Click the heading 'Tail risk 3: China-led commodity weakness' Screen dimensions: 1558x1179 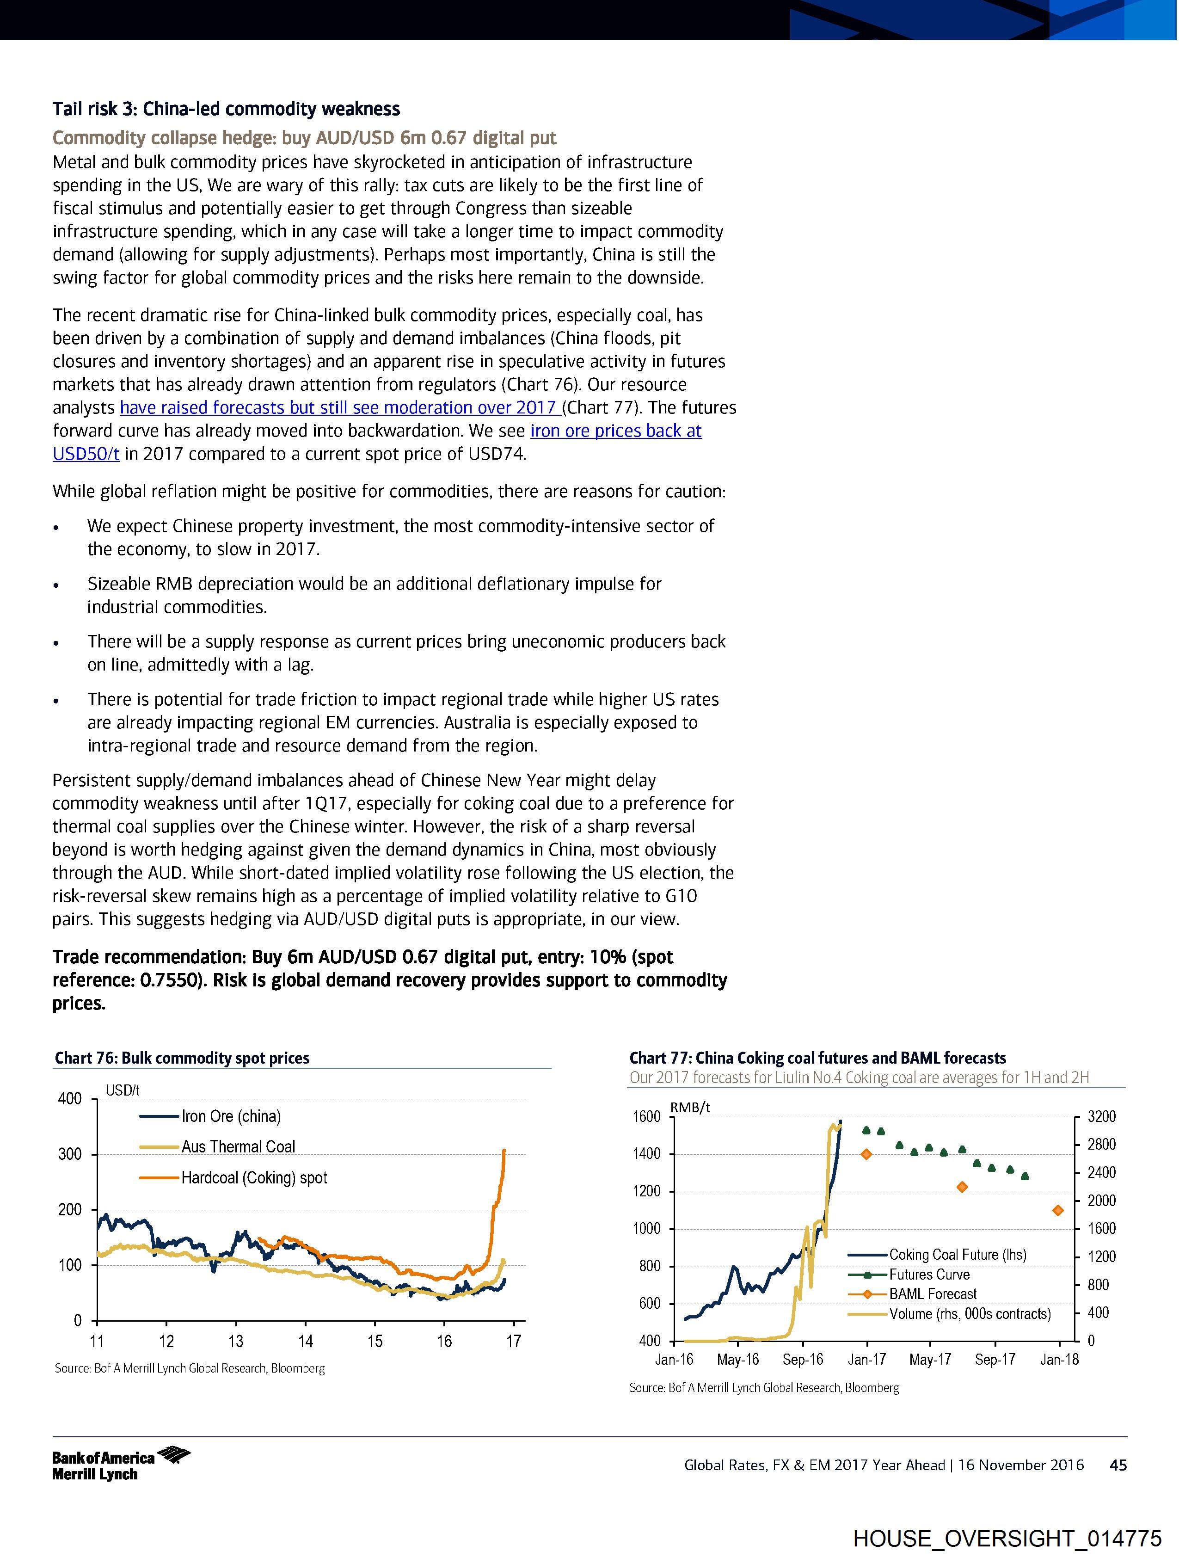[226, 109]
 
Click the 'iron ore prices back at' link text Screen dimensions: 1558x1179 [615, 431]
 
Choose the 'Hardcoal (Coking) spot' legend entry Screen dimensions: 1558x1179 [253, 1178]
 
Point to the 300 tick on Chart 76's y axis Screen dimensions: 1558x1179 [70, 1154]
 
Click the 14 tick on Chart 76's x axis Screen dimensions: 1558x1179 [305, 1342]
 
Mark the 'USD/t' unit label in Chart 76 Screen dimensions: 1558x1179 [123, 1090]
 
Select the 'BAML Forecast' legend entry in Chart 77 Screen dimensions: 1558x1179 [933, 1294]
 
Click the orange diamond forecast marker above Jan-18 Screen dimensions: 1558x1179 [1057, 1211]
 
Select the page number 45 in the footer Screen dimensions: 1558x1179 [1118, 1465]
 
